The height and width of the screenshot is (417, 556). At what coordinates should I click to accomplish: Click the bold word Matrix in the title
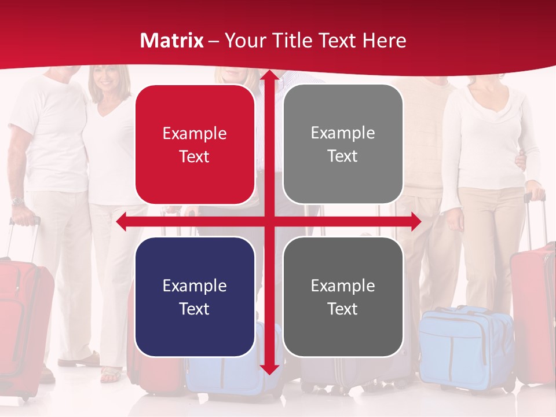pos(172,41)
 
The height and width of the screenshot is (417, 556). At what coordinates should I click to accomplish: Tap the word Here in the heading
pos(384,41)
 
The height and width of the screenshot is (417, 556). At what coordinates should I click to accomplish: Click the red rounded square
pos(195,145)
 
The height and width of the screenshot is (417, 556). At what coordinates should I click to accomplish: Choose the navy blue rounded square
pos(195,297)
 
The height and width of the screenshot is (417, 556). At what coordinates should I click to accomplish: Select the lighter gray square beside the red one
pos(343,144)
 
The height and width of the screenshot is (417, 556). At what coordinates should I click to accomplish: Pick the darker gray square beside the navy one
pos(343,297)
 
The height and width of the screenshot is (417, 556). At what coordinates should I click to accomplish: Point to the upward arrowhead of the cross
pos(269,76)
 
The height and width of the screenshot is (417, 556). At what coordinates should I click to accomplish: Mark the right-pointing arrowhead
pos(415,222)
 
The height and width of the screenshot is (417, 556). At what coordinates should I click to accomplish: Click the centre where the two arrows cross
pos(269,222)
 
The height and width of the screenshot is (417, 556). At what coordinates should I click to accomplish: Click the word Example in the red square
pos(195,133)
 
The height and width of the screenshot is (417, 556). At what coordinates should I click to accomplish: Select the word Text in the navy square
pos(195,309)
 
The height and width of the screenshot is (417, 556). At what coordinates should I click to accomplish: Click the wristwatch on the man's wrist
pos(18,202)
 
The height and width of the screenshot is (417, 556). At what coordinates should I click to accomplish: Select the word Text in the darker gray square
pos(343,309)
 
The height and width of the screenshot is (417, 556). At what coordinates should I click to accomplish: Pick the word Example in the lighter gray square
pos(343,133)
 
